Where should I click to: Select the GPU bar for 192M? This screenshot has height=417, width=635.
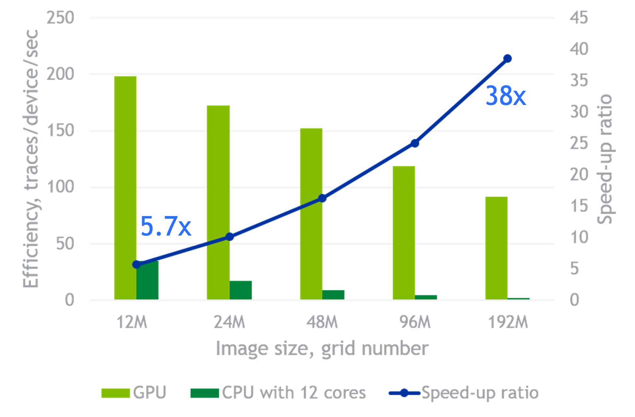tap(496, 248)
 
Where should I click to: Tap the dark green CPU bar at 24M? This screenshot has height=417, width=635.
tap(241, 290)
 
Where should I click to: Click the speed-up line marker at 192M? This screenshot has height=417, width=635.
tap(507, 59)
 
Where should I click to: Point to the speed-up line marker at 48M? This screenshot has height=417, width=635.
tap(322, 198)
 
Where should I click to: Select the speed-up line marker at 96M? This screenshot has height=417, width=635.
tap(415, 143)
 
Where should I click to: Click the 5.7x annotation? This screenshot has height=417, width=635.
tap(166, 226)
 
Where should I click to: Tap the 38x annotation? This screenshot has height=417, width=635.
tap(505, 96)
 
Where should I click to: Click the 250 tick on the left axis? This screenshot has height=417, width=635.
tap(60, 17)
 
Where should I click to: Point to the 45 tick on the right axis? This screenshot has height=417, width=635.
tap(579, 17)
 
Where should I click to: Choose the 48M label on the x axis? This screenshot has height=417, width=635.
tap(322, 322)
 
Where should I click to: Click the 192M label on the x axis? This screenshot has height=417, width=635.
tap(508, 322)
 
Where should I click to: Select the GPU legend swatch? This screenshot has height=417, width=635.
tap(115, 393)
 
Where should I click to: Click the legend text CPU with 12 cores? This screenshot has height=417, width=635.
tap(294, 393)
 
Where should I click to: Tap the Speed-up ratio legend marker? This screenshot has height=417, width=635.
tap(404, 393)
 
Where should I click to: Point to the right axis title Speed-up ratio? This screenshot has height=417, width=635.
tap(605, 159)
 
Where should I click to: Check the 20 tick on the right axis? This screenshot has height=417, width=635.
tap(579, 175)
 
